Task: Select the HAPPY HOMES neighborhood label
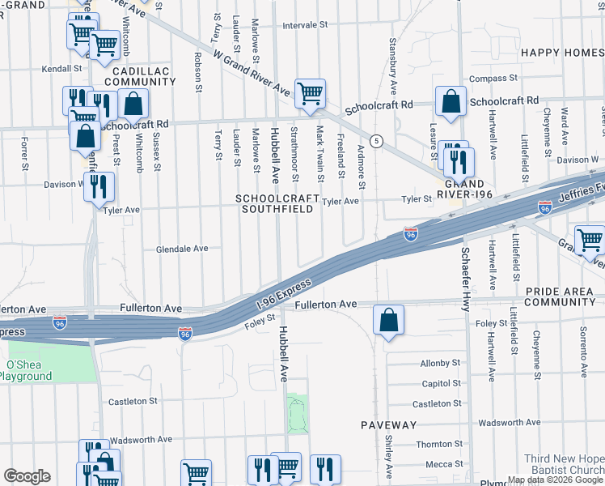click(562, 53)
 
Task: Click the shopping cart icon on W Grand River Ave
click(310, 95)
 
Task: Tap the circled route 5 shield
click(376, 141)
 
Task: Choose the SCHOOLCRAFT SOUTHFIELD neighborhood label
click(274, 203)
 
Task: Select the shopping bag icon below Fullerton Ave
click(389, 320)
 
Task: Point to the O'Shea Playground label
click(30, 370)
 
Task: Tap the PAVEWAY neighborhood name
click(388, 424)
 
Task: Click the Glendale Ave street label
click(182, 249)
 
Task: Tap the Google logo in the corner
click(27, 476)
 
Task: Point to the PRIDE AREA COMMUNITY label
click(560, 296)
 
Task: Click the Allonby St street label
click(440, 363)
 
